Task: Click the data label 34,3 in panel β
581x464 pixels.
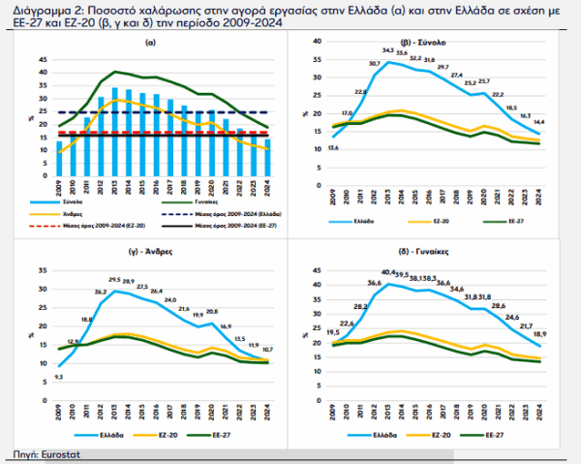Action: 388,50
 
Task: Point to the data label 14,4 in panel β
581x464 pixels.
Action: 539,122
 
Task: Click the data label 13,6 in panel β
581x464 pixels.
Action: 333,146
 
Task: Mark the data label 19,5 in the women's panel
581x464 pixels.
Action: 334,331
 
